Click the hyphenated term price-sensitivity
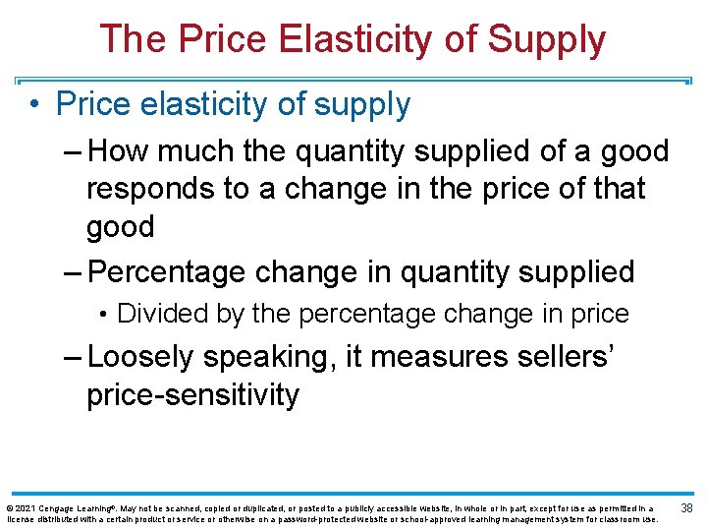coord(192,394)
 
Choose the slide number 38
coord(687,508)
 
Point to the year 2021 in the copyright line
coord(25,508)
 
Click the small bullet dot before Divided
coord(103,315)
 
